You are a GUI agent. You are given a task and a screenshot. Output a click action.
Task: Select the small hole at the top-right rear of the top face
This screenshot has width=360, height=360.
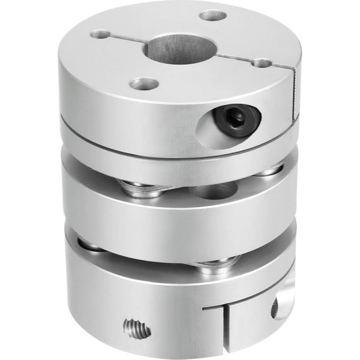tap(213, 15)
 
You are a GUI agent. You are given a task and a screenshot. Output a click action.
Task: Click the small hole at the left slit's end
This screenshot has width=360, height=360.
tap(100, 35)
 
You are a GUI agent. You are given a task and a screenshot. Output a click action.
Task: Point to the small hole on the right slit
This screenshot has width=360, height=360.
tap(262, 62)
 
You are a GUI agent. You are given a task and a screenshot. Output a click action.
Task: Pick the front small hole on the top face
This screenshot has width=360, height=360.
tap(144, 83)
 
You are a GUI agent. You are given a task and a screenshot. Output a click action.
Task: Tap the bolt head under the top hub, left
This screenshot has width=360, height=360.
tap(139, 188)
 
